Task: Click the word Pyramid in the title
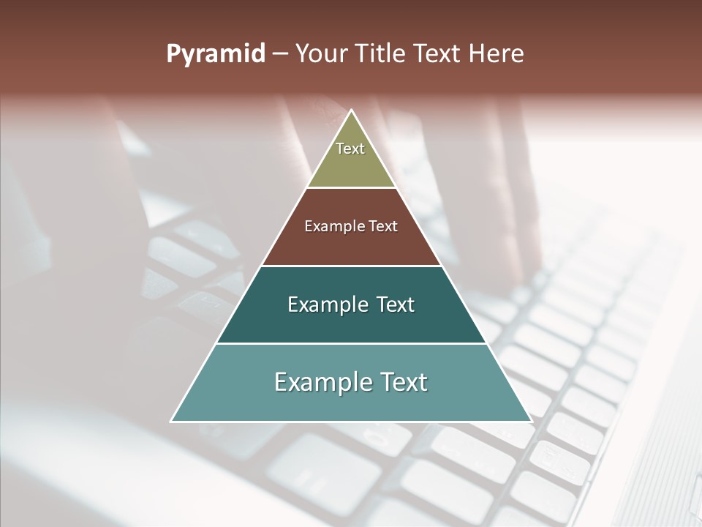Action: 215,54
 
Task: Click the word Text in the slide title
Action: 438,54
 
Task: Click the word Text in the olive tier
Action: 350,149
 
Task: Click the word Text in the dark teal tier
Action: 396,304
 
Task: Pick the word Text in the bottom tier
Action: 403,382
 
